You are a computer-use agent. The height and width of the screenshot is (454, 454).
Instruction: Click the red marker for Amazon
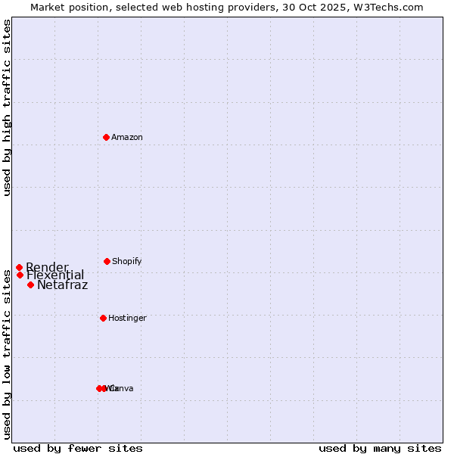pyautogui.click(x=107, y=137)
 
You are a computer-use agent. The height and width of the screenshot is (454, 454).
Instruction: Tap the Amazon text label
pyautogui.click(x=127, y=137)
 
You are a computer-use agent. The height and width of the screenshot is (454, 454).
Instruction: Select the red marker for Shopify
pyautogui.click(x=107, y=261)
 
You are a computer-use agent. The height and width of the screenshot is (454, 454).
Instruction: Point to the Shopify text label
pyautogui.click(x=127, y=261)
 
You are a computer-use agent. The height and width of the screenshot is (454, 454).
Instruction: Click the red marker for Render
pyautogui.click(x=20, y=267)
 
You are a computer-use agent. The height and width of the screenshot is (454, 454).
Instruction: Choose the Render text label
pyautogui.click(x=47, y=267)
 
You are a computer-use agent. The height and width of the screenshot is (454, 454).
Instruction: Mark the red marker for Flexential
pyautogui.click(x=20, y=275)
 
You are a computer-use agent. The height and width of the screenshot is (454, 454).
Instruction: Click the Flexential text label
pyautogui.click(x=55, y=275)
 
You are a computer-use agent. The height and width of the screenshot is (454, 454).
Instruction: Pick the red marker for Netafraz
pyautogui.click(x=30, y=285)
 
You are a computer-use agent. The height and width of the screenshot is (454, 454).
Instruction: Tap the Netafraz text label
pyautogui.click(x=63, y=285)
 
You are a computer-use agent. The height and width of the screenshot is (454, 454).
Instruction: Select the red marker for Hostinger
pyautogui.click(x=103, y=318)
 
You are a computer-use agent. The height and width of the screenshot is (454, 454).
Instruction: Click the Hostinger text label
pyautogui.click(x=127, y=318)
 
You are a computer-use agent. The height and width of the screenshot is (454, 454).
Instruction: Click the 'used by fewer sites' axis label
pyautogui.click(x=78, y=448)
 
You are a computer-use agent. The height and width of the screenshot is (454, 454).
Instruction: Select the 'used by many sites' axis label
pyautogui.click(x=380, y=448)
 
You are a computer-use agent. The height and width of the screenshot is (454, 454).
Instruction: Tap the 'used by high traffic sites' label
pyautogui.click(x=8, y=107)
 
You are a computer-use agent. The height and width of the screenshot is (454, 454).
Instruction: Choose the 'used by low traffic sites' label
pyautogui.click(x=8, y=354)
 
